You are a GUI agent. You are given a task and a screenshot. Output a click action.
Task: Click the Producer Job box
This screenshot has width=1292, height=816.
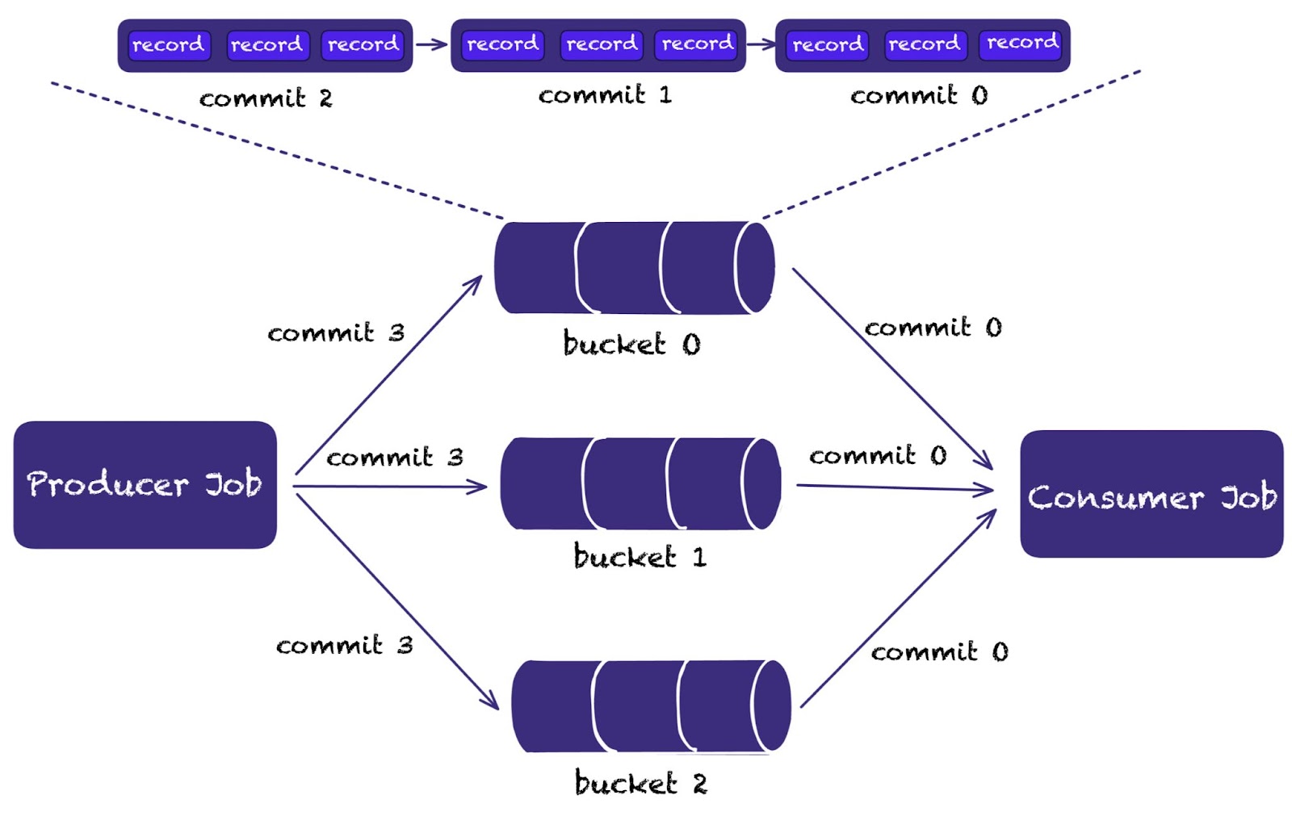[145, 484]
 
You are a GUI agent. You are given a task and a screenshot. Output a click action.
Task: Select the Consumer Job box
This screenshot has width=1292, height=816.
[1151, 494]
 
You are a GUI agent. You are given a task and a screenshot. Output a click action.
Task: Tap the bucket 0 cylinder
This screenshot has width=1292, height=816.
[634, 267]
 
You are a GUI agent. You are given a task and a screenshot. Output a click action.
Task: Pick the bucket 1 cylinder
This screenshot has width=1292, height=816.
[640, 483]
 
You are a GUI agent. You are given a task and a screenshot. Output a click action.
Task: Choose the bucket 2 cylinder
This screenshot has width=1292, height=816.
[651, 705]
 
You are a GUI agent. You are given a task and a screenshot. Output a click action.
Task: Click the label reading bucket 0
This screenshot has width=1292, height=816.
[631, 344]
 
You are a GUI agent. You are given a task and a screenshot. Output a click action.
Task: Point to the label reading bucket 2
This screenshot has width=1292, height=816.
[640, 783]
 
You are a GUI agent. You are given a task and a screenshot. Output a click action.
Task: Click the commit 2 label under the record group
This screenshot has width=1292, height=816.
[266, 98]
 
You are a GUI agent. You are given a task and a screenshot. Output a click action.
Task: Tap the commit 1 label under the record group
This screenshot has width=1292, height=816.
[605, 95]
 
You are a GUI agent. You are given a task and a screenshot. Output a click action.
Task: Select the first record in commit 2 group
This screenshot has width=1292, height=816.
[169, 45]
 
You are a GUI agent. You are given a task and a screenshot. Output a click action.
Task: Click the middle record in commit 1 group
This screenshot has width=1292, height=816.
[601, 44]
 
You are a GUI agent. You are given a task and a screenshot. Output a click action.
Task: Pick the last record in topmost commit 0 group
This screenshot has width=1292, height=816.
[1021, 43]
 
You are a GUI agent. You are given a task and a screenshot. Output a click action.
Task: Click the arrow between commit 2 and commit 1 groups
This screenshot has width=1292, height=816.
[431, 44]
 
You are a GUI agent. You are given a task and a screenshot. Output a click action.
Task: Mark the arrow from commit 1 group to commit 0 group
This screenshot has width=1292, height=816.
[760, 44]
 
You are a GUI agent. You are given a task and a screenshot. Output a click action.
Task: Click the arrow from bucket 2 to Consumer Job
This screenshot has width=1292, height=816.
[896, 611]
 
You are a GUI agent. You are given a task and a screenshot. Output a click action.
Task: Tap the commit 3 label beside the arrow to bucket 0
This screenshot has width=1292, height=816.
[336, 333]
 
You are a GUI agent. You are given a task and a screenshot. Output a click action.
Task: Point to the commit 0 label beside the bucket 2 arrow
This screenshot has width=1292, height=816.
[939, 651]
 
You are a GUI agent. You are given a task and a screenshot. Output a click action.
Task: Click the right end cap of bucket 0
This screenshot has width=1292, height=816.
[755, 267]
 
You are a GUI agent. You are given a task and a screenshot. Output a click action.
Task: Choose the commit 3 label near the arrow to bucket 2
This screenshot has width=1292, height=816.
[345, 645]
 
